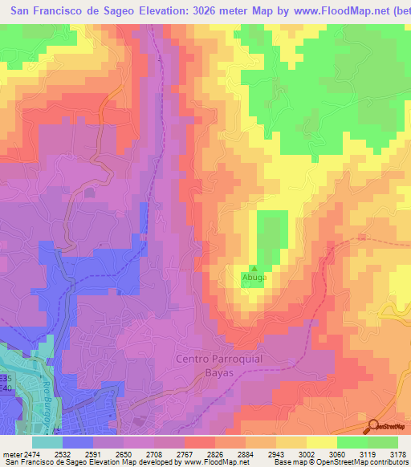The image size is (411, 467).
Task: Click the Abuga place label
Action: [x=253, y=278]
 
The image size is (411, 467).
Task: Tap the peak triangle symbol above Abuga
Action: [x=254, y=269]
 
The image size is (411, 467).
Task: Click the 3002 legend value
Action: [x=311, y=453]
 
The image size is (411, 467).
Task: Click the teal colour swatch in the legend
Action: [x=47, y=441]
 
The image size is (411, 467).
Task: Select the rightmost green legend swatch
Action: [x=383, y=441]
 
